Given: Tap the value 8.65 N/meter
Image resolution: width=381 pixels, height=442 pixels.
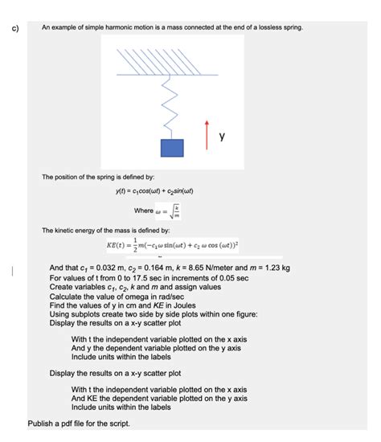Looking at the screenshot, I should pos(217,268).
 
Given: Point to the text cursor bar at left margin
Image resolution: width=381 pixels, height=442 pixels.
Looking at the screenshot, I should pos(11,272).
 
